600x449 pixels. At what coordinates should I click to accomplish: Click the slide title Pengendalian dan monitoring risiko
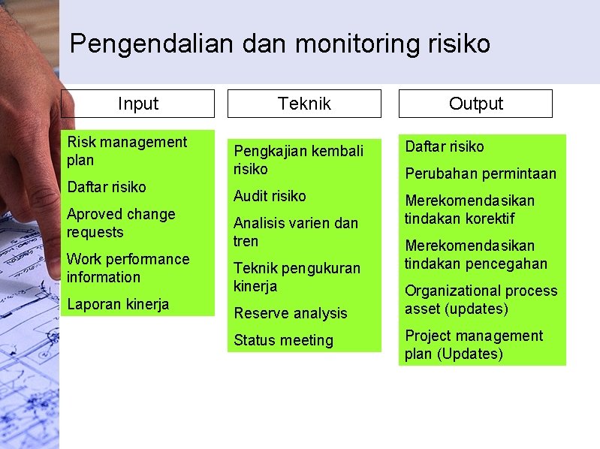pyautogui.click(x=279, y=44)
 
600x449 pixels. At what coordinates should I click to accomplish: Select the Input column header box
pyautogui.click(x=137, y=104)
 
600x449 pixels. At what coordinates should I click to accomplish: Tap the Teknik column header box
pyautogui.click(x=304, y=104)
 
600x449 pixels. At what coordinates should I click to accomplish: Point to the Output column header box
pyautogui.click(x=475, y=104)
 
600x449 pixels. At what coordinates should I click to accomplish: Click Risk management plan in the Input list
pyautogui.click(x=127, y=151)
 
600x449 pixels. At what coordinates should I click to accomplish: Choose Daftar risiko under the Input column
pyautogui.click(x=107, y=187)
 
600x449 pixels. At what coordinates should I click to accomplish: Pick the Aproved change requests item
pyautogui.click(x=121, y=223)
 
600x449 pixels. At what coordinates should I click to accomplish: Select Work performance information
pyautogui.click(x=128, y=268)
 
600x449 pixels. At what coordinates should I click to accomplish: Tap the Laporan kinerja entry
pyautogui.click(x=118, y=304)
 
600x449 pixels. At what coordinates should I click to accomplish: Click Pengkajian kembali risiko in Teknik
pyautogui.click(x=298, y=160)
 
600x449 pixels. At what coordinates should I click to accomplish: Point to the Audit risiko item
pyautogui.click(x=270, y=196)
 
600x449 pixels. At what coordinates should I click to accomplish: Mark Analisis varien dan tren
pyautogui.click(x=296, y=232)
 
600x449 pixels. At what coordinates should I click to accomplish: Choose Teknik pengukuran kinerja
pyautogui.click(x=297, y=277)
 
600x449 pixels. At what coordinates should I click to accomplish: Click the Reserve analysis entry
pyautogui.click(x=291, y=313)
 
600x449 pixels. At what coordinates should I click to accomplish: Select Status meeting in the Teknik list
pyautogui.click(x=283, y=340)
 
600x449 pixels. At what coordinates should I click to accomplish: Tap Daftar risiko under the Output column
pyautogui.click(x=445, y=146)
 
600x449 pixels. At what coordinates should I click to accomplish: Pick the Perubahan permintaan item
pyautogui.click(x=481, y=173)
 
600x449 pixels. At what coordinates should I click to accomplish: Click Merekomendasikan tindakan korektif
pyautogui.click(x=470, y=209)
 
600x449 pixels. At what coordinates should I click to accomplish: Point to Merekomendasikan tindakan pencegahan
pyautogui.click(x=476, y=255)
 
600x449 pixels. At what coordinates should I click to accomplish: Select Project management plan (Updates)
pyautogui.click(x=473, y=345)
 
